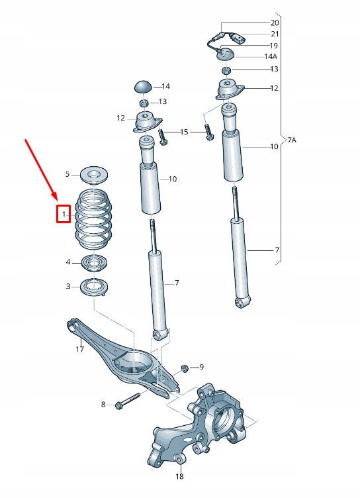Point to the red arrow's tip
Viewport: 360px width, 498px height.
59,199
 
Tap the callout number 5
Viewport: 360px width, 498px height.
67,174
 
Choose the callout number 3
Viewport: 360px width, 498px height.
67,286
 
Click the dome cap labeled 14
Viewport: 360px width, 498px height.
143,86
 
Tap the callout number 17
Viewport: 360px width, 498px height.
79,349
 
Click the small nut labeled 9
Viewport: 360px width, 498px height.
185,367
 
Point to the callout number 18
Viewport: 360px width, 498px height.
179,476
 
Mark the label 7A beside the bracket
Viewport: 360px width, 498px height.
291,140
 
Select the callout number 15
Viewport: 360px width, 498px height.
185,132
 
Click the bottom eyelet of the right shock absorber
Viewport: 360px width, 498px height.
242,303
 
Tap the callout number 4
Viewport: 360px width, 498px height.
67,262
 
